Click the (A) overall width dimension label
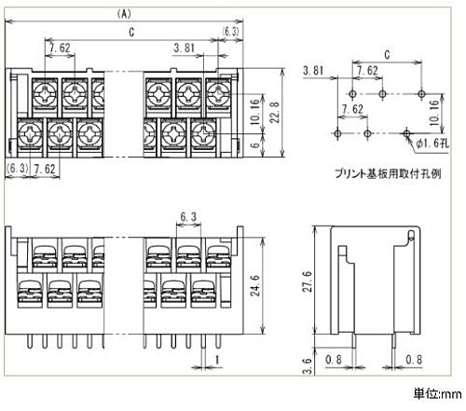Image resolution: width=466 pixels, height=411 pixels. coord(124,14)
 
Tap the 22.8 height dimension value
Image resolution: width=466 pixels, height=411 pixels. coord(275,112)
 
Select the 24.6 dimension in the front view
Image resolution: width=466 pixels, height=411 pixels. coord(255,285)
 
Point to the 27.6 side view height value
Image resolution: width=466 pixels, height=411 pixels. coord(308,281)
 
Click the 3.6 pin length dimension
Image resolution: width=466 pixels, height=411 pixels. coord(307,366)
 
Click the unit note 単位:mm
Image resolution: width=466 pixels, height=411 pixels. coord(437,394)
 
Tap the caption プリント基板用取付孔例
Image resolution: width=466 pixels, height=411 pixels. coord(388,173)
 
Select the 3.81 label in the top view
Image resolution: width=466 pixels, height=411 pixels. coord(185,48)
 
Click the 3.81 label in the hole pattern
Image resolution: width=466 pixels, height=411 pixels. coord(313,71)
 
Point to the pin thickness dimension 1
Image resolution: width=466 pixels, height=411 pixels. coord(217,360)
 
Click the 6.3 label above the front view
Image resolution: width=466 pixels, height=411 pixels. coord(188,216)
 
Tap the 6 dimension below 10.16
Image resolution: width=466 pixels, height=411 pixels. coord(254,144)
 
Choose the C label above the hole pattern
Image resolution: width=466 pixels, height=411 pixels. coord(387,55)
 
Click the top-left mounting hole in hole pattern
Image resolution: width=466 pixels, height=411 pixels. coord(352,93)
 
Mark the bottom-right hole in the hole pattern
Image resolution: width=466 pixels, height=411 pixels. coord(406,133)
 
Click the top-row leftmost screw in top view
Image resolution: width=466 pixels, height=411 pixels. coord(45,92)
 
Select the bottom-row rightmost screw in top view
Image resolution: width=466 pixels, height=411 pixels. coord(203,133)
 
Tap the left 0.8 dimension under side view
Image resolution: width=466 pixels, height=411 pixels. coord(334,360)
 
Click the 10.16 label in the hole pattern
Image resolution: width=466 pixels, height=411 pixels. coord(433,113)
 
